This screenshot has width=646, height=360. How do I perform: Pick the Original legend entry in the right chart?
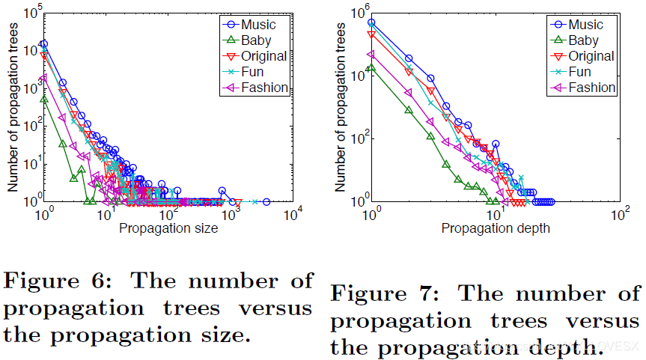591,56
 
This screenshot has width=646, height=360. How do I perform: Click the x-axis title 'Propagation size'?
168,229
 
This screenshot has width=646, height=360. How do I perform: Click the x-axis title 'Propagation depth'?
496,229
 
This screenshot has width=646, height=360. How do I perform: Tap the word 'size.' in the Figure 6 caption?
222,335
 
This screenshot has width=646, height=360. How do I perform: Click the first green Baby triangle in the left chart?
44,98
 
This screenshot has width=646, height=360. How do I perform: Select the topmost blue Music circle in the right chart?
371,22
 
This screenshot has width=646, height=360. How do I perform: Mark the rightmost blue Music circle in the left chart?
266,201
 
